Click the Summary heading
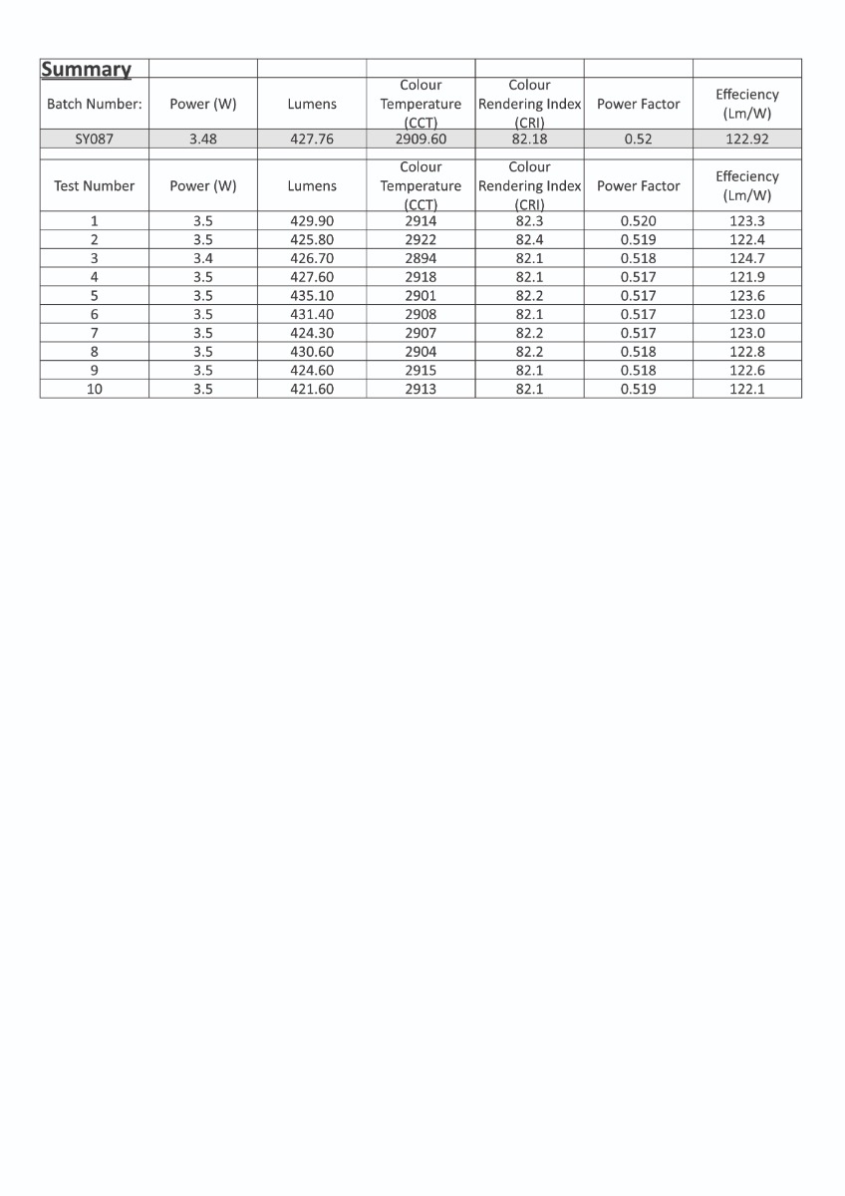tap(86, 70)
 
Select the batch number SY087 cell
tap(95, 140)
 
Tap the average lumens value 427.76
tap(312, 140)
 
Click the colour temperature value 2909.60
tap(421, 140)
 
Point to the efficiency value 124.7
tap(747, 258)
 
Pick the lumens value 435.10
tap(312, 296)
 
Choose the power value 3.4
tap(203, 258)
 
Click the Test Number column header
tap(95, 186)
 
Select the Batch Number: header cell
tap(95, 104)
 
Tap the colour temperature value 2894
tap(421, 258)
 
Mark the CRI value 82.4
tap(529, 240)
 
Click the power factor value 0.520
tap(639, 221)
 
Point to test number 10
tap(95, 390)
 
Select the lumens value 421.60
tap(312, 390)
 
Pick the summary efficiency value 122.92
tap(747, 140)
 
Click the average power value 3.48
tap(203, 140)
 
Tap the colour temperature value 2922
tap(421, 240)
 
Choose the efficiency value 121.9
tap(747, 277)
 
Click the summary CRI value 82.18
tap(529, 140)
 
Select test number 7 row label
tap(95, 333)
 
